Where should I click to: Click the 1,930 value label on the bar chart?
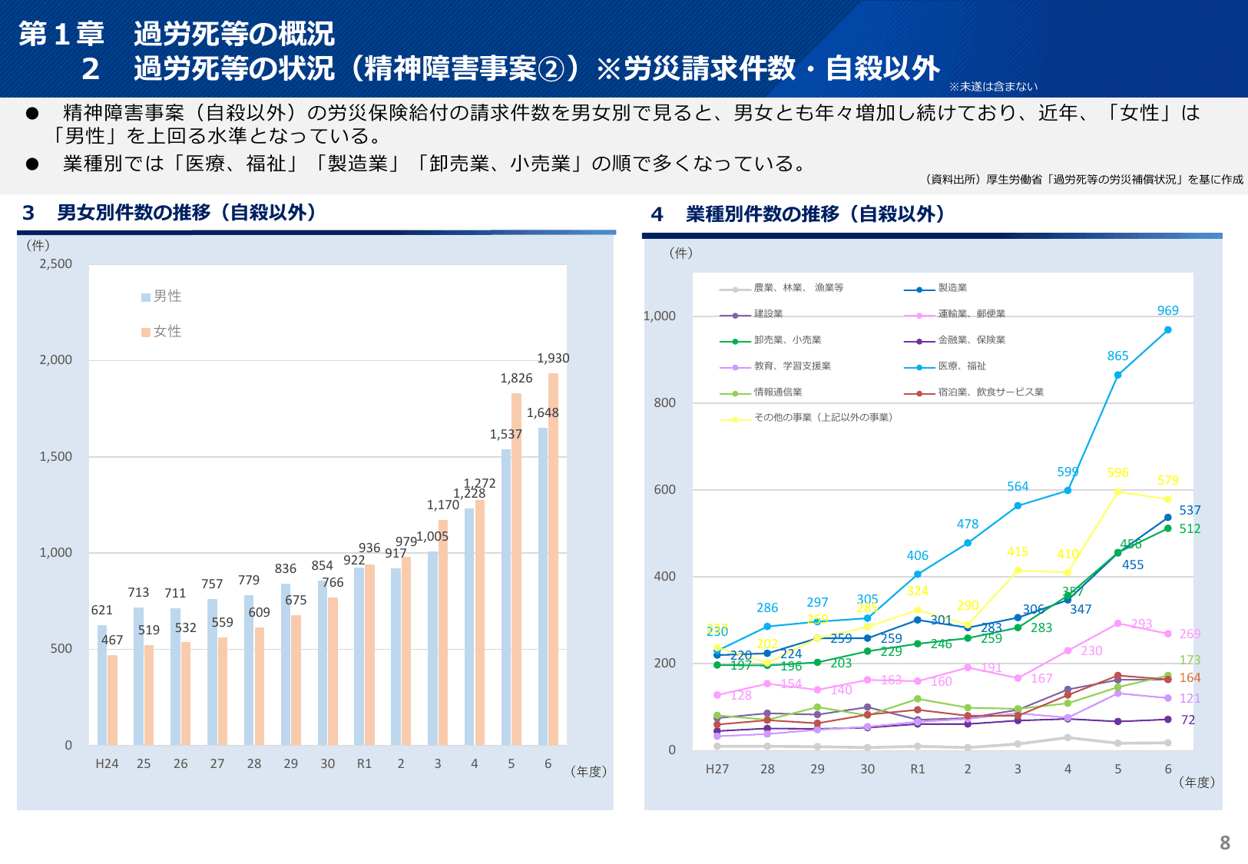point(553,359)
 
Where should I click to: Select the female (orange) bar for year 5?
point(517,568)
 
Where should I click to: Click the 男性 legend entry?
point(162,296)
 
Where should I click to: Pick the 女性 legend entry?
point(162,332)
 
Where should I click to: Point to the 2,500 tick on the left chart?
point(56,264)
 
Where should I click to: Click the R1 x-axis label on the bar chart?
point(364,764)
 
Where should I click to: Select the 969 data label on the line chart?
point(1167,311)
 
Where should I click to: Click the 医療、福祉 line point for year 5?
point(1117,376)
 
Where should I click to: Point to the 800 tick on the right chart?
point(664,403)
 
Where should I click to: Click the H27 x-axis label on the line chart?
point(717,770)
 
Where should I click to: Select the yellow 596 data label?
point(1117,473)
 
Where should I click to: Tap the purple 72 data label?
point(1188,720)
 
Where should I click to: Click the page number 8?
point(1224,843)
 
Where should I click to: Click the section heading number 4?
point(657,215)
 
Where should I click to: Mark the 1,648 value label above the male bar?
point(542,413)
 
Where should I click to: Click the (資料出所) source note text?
point(1084,180)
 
